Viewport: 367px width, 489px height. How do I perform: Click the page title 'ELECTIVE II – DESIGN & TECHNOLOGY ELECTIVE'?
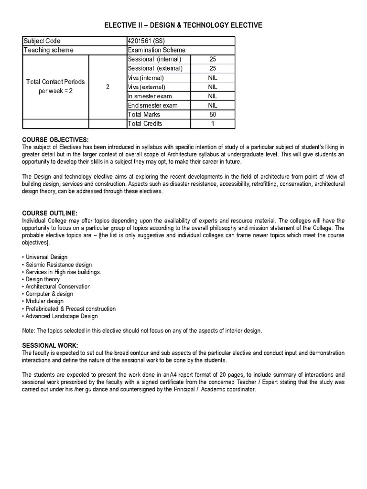pyautogui.click(x=183, y=25)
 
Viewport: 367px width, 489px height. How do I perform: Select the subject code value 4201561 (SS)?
pyautogui.click(x=146, y=41)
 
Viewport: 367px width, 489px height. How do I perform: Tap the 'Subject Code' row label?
pyautogui.click(x=42, y=41)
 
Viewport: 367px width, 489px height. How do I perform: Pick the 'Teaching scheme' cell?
pyautogui.click(x=48, y=50)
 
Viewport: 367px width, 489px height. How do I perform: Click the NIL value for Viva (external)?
pyautogui.click(x=213, y=87)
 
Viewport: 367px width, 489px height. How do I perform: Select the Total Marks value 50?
pyautogui.click(x=213, y=115)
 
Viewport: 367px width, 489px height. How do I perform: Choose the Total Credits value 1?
pyautogui.click(x=213, y=124)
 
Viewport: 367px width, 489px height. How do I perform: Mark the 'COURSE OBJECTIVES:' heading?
pyautogui.click(x=55, y=139)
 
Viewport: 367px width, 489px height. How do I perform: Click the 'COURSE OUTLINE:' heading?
pyautogui.click(x=50, y=213)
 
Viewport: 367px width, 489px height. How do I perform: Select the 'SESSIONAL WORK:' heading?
pyautogui.click(x=50, y=345)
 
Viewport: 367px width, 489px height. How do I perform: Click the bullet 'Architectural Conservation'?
pyautogui.click(x=58, y=287)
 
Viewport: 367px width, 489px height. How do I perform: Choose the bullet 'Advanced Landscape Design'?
pyautogui.click(x=61, y=316)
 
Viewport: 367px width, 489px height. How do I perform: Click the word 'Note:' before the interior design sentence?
pyautogui.click(x=29, y=331)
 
